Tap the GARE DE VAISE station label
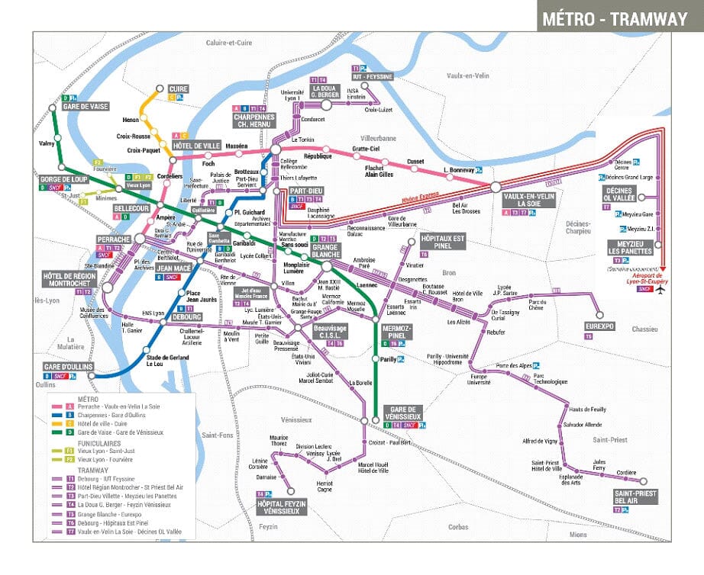[x=83, y=107]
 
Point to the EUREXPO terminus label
[x=599, y=326]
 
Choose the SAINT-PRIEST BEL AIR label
[x=635, y=496]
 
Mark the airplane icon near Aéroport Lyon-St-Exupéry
[x=660, y=290]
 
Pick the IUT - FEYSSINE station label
[x=372, y=77]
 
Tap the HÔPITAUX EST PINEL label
[x=442, y=242]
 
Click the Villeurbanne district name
[x=378, y=138]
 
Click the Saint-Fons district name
[x=216, y=435]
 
